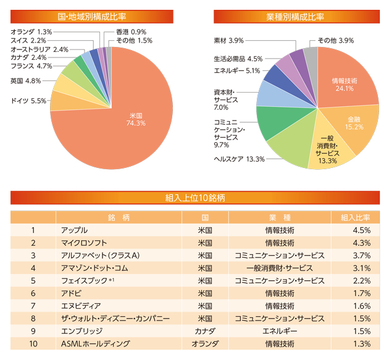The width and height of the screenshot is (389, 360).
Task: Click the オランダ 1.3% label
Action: pyautogui.click(x=31, y=31)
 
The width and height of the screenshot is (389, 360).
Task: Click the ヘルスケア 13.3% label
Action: pyautogui.click(x=239, y=159)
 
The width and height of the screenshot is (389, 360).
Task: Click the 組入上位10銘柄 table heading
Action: pyautogui.click(x=194, y=198)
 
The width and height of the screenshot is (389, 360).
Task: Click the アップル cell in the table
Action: pyautogui.click(x=74, y=230)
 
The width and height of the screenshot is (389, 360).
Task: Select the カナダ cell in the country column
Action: pyautogui.click(x=204, y=331)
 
